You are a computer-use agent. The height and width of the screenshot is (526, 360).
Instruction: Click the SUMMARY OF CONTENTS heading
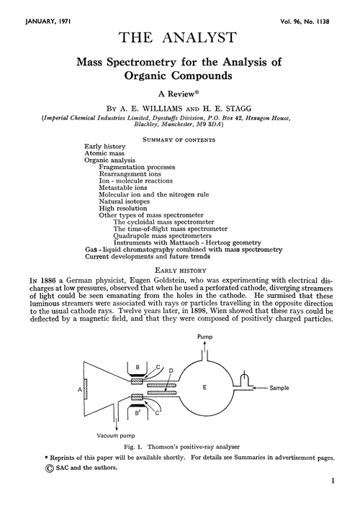(x=179, y=137)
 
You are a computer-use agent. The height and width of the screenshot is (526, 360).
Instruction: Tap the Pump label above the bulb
(x=205, y=336)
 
